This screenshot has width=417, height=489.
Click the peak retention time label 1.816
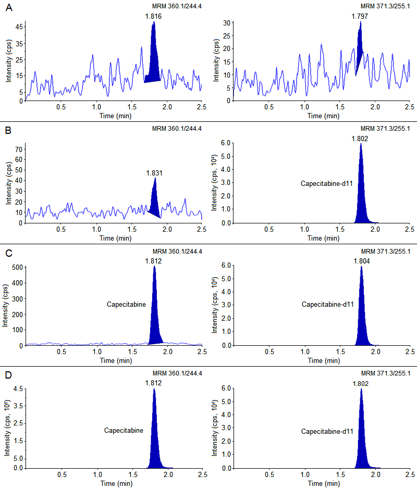(x=154, y=16)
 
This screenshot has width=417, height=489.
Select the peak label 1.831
(x=155, y=173)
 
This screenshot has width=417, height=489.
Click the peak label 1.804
(x=362, y=261)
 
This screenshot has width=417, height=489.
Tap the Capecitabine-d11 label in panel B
(x=327, y=183)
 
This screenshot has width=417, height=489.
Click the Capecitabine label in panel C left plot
(x=126, y=304)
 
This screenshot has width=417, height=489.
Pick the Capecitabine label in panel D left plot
(x=123, y=431)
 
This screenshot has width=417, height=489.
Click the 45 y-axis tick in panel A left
(x=17, y=26)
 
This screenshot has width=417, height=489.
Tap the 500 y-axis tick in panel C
(x=15, y=268)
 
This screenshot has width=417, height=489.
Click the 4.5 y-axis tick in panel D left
(x=17, y=388)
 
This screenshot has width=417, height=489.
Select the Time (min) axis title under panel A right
(x=322, y=116)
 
